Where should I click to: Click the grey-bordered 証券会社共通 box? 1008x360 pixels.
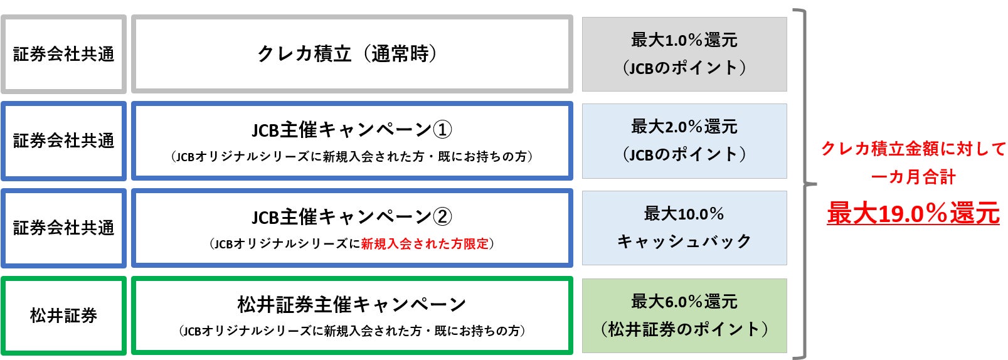tap(63, 55)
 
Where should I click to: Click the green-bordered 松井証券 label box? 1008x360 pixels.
tap(63, 315)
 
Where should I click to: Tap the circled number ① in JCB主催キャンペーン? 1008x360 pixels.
tap(442, 130)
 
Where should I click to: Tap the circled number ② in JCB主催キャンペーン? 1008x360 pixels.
tap(442, 217)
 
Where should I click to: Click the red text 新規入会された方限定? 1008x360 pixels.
tap(424, 244)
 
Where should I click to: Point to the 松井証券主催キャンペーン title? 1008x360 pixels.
tap(351, 305)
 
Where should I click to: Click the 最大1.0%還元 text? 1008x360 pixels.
tap(684, 40)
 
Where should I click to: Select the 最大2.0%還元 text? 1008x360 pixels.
tap(684, 127)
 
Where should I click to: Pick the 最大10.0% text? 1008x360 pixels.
tap(684, 214)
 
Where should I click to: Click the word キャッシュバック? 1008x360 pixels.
tap(684, 241)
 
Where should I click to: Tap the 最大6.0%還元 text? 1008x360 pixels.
tap(684, 302)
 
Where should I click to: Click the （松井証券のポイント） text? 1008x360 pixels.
tap(684, 329)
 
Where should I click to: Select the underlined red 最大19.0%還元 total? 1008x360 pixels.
tap(913, 213)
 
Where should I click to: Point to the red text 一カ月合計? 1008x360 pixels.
tap(913, 177)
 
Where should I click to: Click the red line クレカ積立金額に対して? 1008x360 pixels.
tap(913, 149)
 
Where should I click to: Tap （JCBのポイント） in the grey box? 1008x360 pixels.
tap(684, 68)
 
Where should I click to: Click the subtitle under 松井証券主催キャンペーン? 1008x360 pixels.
tap(351, 331)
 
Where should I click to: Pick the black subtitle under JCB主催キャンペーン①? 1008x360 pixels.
tap(351, 157)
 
